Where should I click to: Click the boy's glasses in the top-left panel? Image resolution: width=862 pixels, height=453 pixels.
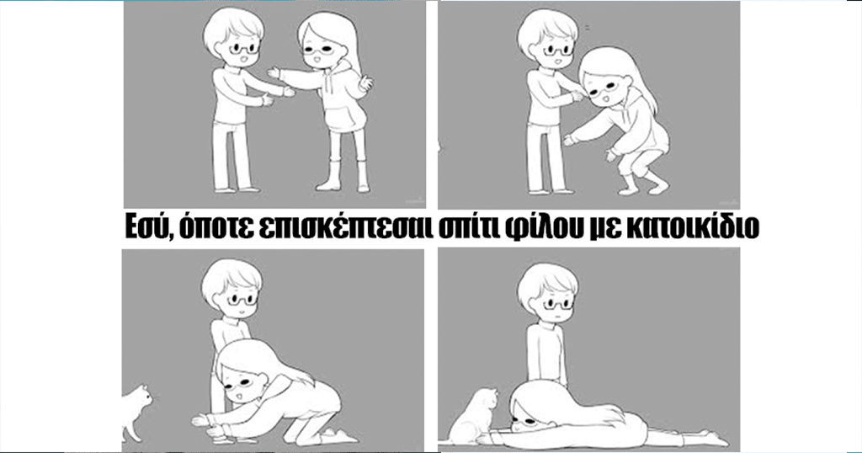coord(244,48)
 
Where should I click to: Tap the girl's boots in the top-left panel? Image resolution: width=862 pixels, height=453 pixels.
coord(343,175)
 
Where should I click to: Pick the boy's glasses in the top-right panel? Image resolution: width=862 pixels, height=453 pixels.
coord(558,51)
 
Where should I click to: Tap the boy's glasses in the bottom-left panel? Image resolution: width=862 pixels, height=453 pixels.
coord(242,300)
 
